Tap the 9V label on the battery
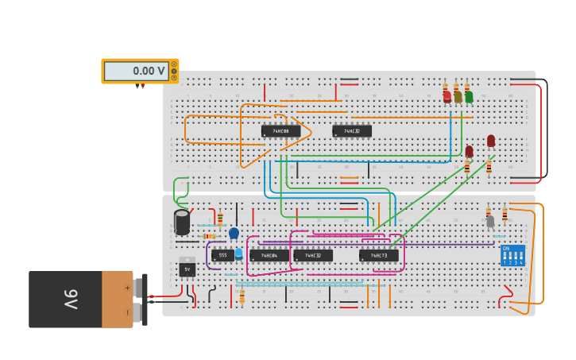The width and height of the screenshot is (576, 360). point(71,299)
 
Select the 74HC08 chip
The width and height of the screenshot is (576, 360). point(280,131)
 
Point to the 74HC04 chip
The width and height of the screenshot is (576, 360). point(269,255)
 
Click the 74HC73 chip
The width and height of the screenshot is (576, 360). point(378,255)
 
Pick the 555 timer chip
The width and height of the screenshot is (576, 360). point(222,255)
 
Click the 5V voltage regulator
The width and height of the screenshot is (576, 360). point(187,269)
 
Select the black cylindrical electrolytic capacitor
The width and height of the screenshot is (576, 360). point(182,222)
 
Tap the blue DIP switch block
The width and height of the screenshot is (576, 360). point(512,255)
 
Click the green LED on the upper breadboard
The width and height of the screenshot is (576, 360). point(469,96)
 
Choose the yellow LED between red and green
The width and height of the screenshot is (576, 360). point(458,96)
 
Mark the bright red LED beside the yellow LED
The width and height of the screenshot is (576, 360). point(446,96)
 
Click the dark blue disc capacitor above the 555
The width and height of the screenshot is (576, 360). point(234,233)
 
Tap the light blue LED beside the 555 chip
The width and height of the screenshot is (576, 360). point(238,254)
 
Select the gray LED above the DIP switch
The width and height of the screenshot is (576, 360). point(490,221)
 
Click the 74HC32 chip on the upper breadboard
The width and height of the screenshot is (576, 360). point(352,131)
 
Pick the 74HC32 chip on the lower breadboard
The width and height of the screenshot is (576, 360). point(313,255)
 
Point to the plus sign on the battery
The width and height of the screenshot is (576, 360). point(127,288)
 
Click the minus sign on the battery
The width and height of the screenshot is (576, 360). point(127,312)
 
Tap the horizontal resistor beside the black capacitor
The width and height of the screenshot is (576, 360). point(210,236)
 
